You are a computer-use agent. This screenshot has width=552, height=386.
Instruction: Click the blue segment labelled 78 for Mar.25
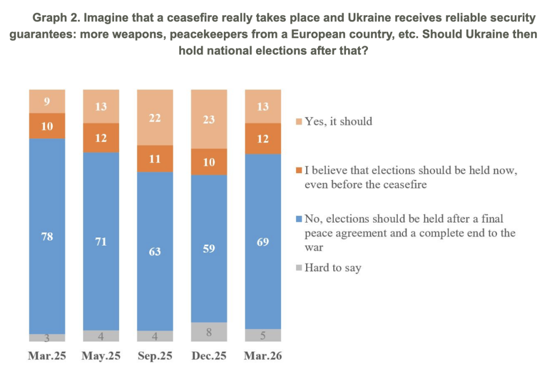click(47, 236)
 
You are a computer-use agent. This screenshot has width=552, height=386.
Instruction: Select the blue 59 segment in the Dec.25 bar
click(209, 249)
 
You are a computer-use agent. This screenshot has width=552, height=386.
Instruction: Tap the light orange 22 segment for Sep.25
click(155, 118)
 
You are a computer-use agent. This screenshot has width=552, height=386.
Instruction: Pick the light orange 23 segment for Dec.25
click(209, 119)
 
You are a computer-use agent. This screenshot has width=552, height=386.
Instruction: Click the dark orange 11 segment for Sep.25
click(155, 159)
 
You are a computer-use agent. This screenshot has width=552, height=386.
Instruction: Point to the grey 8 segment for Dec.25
click(209, 332)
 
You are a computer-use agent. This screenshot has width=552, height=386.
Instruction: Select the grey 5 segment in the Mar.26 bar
click(263, 335)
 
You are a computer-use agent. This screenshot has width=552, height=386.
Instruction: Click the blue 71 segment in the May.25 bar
click(101, 241)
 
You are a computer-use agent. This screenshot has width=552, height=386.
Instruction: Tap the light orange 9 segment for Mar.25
click(47, 101)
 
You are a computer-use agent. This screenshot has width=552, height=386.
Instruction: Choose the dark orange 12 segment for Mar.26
click(263, 138)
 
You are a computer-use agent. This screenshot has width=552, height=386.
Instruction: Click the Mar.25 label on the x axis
click(47, 356)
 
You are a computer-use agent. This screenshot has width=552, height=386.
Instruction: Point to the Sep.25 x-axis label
click(155, 356)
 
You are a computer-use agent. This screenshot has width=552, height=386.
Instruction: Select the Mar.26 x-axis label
click(263, 356)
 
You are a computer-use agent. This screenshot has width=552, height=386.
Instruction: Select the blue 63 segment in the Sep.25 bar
click(155, 251)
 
